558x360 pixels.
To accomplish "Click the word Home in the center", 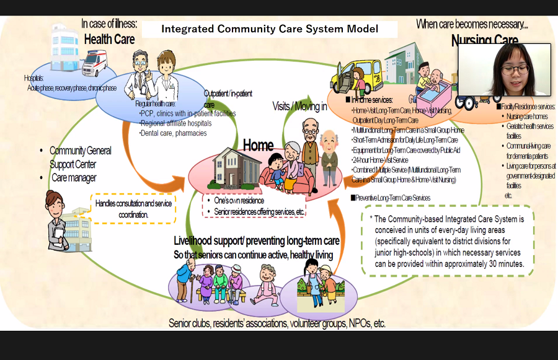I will [258, 146].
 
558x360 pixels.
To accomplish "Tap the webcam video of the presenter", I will [503, 69].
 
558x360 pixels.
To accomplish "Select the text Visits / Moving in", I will [299, 107].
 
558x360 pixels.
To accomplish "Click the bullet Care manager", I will [74, 178].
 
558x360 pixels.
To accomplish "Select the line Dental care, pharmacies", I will [173, 133].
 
